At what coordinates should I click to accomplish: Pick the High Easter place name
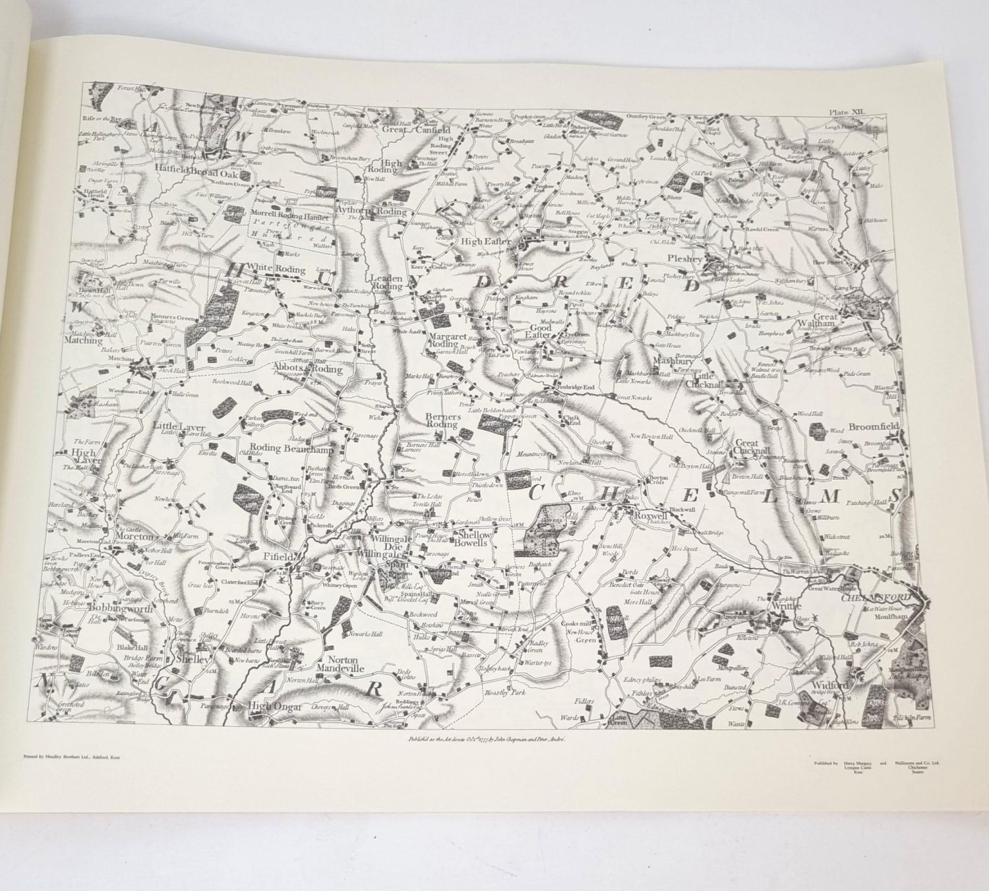[487, 242]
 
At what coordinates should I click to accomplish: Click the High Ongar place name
[274, 706]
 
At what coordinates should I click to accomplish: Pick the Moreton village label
[135, 537]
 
